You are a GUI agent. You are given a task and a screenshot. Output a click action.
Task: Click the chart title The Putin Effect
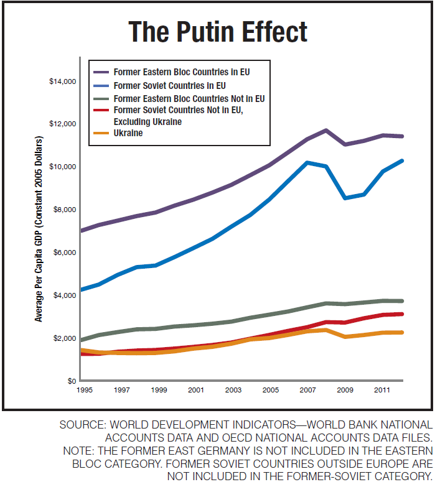[217, 31]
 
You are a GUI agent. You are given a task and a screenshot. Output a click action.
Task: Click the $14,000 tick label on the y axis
[62, 81]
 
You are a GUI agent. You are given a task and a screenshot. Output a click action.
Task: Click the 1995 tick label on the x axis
[86, 390]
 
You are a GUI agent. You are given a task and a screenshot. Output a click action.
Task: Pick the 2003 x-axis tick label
[233, 390]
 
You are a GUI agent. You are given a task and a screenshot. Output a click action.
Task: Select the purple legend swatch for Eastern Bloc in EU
[101, 72]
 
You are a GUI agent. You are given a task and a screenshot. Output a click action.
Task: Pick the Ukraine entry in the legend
[129, 133]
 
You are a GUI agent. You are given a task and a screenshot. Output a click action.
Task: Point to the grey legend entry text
[190, 98]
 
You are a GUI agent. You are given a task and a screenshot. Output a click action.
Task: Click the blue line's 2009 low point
[344, 198]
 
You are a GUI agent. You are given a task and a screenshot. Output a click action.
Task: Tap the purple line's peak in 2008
[326, 130]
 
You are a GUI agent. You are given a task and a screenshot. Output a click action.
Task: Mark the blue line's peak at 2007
[307, 162]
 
